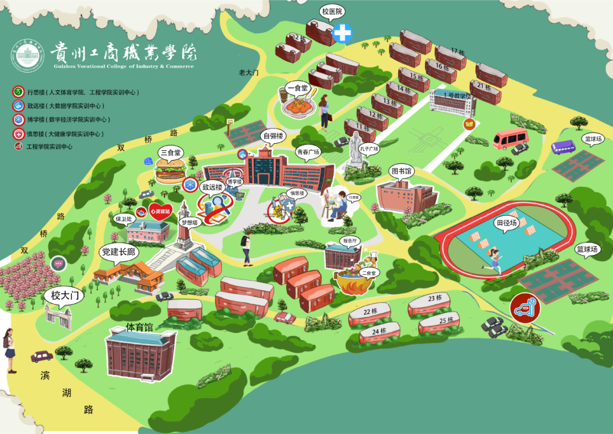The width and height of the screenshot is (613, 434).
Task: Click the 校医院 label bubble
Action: pos(333,11)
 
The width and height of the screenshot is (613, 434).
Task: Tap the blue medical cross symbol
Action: pos(342,33)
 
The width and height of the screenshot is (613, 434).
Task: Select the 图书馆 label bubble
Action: pos(401,170)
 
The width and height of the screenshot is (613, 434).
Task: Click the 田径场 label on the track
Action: pos(506,222)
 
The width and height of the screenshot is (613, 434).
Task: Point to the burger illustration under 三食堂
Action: pos(170,170)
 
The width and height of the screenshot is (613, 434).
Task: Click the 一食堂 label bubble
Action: pos(296,88)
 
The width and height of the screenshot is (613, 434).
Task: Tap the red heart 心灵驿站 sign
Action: pos(160,211)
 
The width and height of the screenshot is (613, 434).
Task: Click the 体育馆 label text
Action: pos(138,328)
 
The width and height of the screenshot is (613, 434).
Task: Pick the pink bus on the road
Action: pos(510,139)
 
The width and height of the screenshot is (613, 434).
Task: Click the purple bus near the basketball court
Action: pos(563,147)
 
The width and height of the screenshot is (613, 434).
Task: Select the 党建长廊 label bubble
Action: pos(118,252)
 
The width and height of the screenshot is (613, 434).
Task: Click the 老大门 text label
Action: pos(249,73)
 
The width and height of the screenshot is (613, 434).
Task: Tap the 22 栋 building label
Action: pos(370,311)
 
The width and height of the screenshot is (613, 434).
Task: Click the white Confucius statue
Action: pos(356,149)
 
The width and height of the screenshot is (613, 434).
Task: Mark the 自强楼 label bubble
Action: pos(272,136)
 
